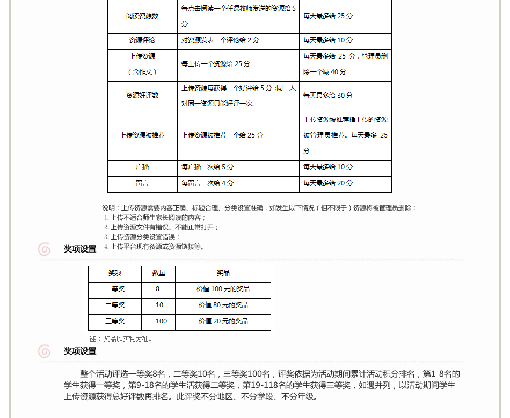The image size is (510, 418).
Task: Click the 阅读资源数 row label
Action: (x=142, y=16)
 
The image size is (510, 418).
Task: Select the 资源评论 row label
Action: (x=142, y=40)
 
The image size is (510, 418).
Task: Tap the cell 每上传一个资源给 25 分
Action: (x=216, y=64)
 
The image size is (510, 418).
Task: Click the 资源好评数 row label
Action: (x=142, y=96)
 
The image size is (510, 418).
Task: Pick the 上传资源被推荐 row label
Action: (x=142, y=135)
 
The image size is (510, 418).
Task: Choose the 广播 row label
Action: (x=142, y=167)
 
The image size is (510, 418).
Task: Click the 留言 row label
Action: (x=142, y=183)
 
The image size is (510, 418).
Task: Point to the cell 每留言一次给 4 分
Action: (x=207, y=183)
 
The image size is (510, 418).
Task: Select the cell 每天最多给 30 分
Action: (x=328, y=96)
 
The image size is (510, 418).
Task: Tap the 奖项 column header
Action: (x=115, y=273)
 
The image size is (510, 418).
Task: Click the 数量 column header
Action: (x=159, y=273)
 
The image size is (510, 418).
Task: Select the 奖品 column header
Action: (x=223, y=273)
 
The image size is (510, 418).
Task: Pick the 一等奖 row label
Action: (x=115, y=289)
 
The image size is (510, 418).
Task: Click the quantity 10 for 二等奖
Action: (x=159, y=305)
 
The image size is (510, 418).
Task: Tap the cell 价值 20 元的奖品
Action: (x=223, y=321)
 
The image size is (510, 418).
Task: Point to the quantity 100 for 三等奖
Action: (x=161, y=321)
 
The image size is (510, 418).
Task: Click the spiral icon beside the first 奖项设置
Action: (x=45, y=249)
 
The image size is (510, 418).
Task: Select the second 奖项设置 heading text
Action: (x=80, y=351)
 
